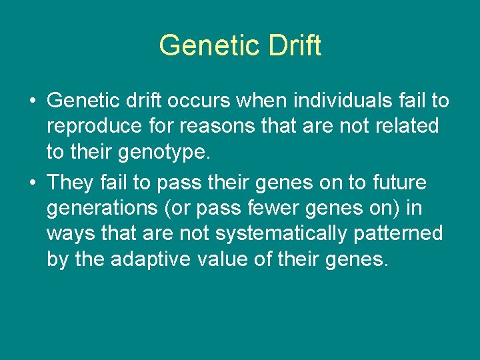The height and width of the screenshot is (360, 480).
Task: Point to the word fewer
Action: pyautogui.click(x=285, y=207)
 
